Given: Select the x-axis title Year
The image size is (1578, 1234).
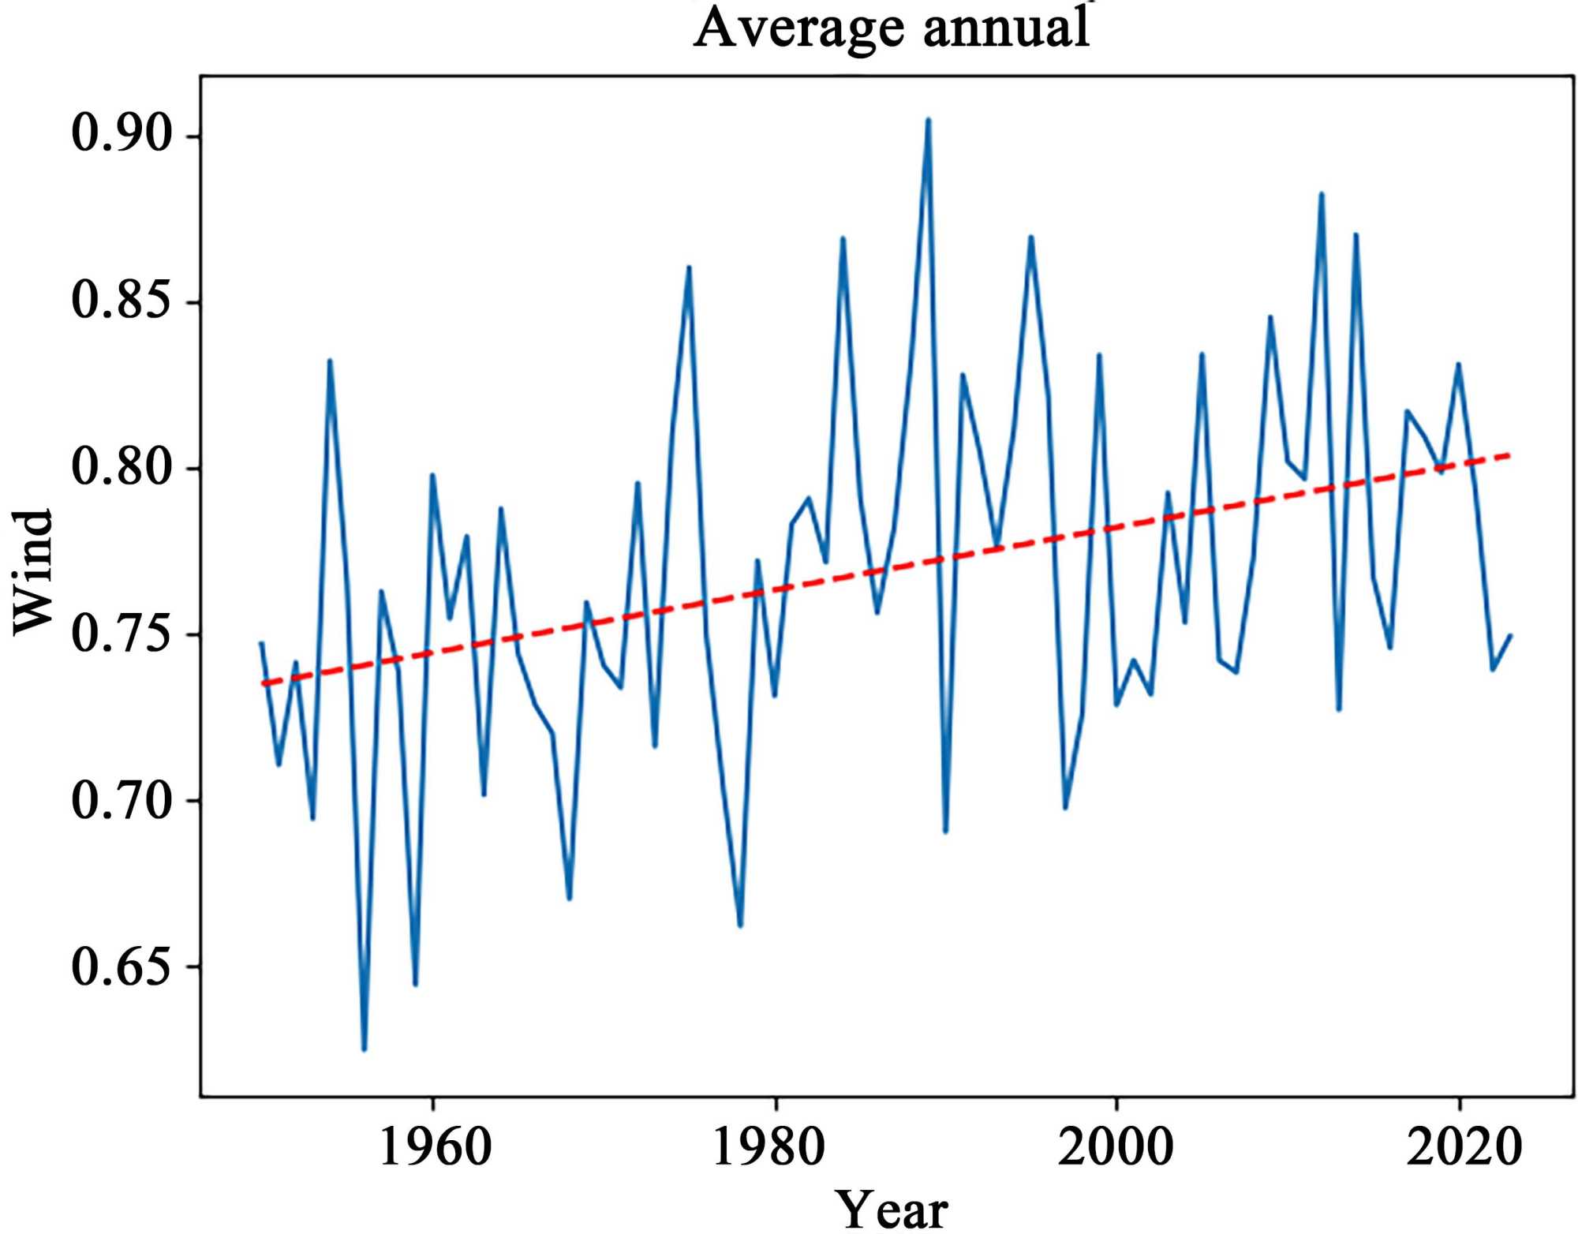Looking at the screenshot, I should tap(891, 1210).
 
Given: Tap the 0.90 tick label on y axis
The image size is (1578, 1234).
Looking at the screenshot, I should tap(122, 133).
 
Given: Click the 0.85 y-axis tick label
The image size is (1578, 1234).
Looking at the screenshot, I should tap(122, 300).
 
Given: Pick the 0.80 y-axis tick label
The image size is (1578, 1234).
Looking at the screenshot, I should tap(122, 466).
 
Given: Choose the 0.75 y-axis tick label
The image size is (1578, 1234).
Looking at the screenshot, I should tap(122, 633).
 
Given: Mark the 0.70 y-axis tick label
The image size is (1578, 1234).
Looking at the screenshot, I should tap(122, 799).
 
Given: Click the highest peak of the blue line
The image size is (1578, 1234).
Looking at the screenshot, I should tap(929, 120).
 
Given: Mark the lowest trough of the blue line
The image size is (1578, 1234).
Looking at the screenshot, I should tap(364, 1049).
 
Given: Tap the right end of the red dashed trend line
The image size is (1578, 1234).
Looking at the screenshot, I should tap(1509, 455).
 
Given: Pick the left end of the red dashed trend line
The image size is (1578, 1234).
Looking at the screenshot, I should tap(263, 684).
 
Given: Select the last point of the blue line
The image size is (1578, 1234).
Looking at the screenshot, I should tap(1510, 635).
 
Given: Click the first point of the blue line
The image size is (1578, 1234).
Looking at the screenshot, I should tap(261, 643).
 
